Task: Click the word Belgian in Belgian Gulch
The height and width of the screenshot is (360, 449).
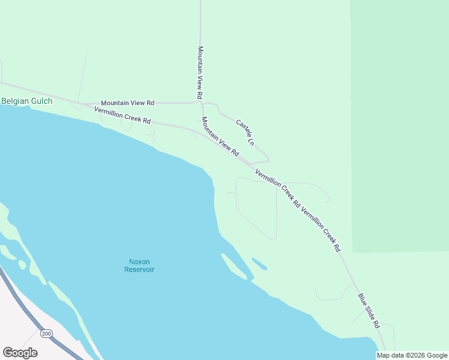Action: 14,101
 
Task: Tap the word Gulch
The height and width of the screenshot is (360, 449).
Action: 41,101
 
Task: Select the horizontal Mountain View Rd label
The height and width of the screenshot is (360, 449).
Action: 127,103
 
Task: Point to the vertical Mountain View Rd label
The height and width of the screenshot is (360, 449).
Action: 200,73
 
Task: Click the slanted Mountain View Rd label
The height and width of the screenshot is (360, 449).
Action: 220,137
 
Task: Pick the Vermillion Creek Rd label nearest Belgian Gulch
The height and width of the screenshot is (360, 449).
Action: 122,115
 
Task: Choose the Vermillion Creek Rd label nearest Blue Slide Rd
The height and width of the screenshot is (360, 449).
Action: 321,229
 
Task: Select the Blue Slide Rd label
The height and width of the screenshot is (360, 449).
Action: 369,310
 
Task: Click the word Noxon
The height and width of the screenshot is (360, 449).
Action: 139,262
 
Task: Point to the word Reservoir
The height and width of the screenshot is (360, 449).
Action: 139,269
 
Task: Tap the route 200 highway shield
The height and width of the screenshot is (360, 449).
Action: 46,333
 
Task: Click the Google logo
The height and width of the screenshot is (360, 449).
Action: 20,353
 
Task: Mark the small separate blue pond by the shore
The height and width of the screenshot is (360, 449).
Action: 259,264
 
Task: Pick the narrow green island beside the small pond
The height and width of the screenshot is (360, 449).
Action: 234,266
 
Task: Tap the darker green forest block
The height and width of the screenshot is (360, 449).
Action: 399,120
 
